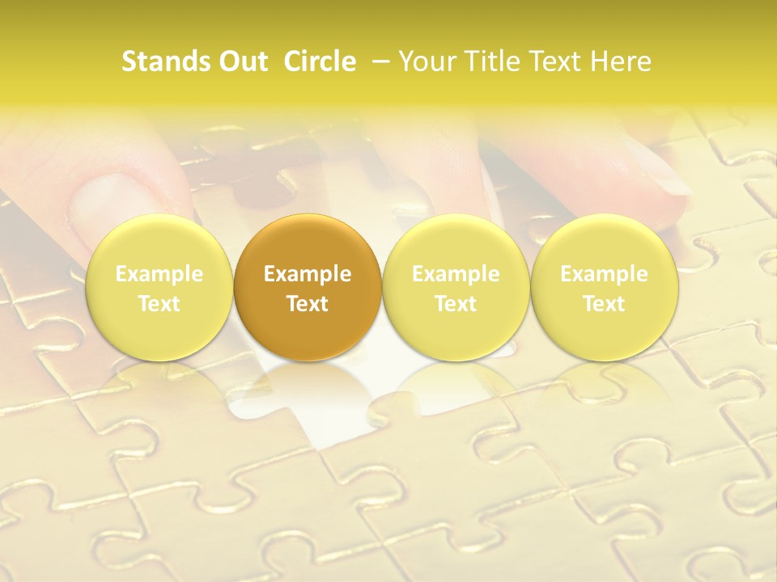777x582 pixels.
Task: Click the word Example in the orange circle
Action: coord(308,274)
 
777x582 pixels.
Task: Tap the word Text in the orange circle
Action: coord(308,304)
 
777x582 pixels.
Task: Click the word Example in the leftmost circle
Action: coord(159,274)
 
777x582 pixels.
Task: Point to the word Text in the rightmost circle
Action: coord(604,304)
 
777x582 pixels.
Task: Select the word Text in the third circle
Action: coord(456,304)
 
